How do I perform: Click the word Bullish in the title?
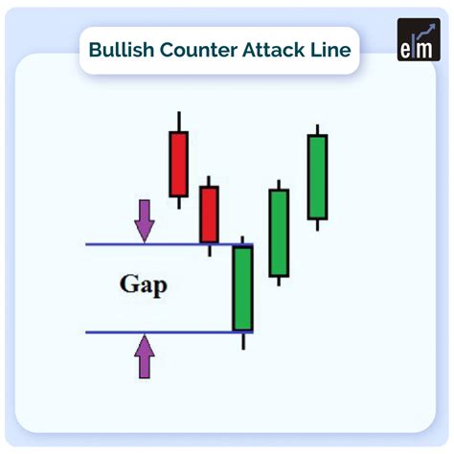[x=120, y=50]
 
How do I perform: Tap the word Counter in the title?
[x=193, y=50]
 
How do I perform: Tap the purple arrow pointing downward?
[x=144, y=219]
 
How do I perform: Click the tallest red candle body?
[x=178, y=164]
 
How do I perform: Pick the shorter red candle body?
[x=209, y=214]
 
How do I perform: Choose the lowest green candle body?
[x=242, y=288]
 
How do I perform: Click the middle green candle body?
[x=279, y=233]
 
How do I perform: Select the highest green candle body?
[x=317, y=176]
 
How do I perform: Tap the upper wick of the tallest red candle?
[x=178, y=121]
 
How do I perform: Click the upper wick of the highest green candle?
[x=317, y=129]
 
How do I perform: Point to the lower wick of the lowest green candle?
[x=243, y=340]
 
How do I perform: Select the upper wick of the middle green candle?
[x=279, y=184]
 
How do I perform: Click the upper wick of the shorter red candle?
[x=209, y=181]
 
